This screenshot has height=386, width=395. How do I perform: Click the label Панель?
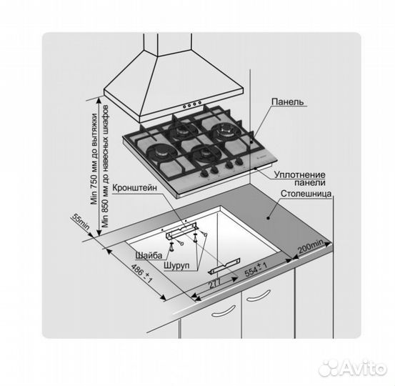(x=288, y=102)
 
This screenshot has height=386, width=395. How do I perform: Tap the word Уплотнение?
(x=299, y=174)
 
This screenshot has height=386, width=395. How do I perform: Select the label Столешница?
(x=306, y=194)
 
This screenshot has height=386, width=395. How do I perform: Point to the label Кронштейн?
(x=134, y=187)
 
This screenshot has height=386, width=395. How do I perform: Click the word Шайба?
(x=149, y=255)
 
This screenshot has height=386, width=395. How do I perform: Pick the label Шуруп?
(x=176, y=265)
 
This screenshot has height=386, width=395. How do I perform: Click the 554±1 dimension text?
(x=256, y=269)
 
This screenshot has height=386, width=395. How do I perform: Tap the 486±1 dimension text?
(x=142, y=273)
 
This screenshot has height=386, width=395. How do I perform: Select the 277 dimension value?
(x=214, y=283)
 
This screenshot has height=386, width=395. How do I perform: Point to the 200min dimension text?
(x=310, y=247)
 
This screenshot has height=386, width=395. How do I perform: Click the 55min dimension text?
(x=81, y=222)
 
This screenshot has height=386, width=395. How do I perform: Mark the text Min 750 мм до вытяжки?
(x=94, y=159)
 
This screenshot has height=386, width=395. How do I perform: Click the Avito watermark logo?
(x=352, y=368)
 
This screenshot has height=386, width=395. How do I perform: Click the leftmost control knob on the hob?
(x=204, y=174)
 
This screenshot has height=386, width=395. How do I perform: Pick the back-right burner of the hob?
(x=223, y=131)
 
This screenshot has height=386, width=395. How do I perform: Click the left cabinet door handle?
(x=223, y=311)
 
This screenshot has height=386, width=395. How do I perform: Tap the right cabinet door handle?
(x=259, y=296)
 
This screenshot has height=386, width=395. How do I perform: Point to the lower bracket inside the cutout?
(x=224, y=266)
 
